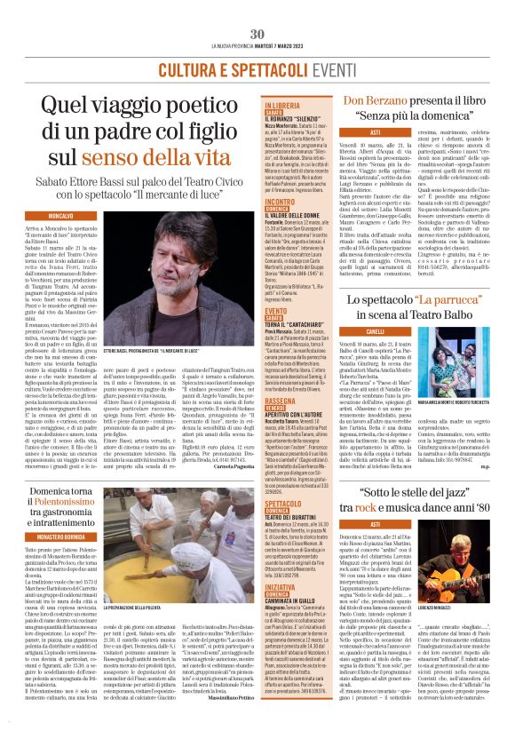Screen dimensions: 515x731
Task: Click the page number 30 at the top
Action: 257,34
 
